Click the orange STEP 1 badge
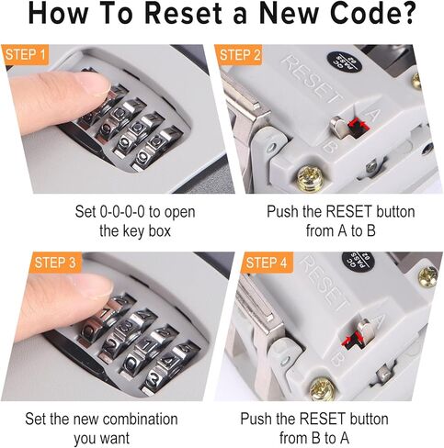pyautogui.click(x=28, y=54)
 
